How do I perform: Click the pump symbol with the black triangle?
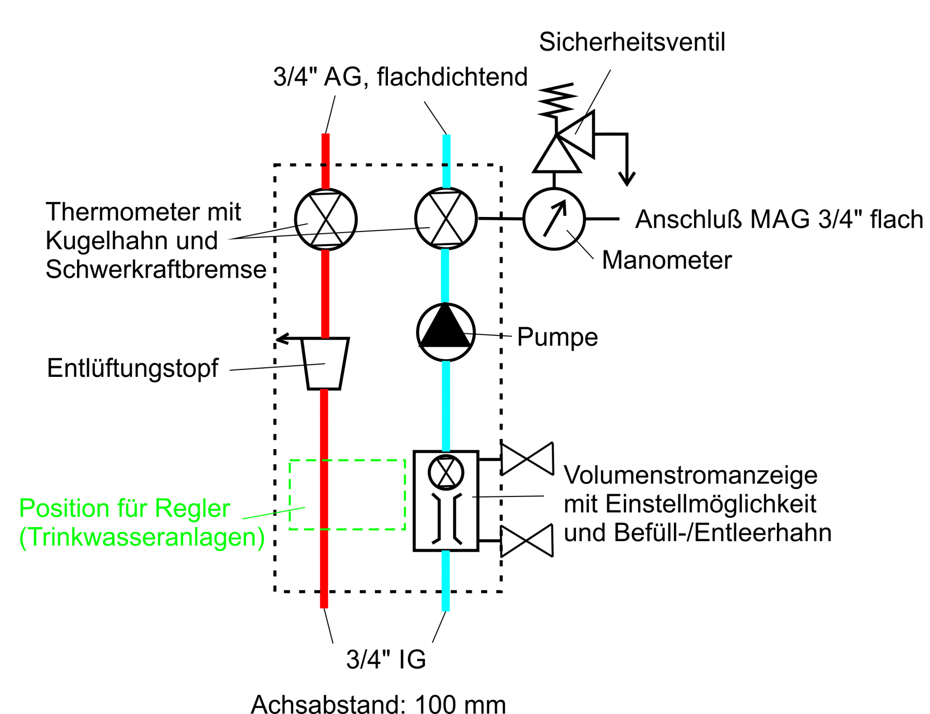[x=446, y=332]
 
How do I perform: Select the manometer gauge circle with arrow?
[x=554, y=219]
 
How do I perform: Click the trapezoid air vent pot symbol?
[x=325, y=363]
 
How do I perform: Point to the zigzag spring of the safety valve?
[x=557, y=100]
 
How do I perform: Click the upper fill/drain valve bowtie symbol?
[x=527, y=458]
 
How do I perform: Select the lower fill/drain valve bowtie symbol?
[x=527, y=541]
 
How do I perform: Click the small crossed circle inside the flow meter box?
[x=446, y=472]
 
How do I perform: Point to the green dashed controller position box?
[x=290, y=494]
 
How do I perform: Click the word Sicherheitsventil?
[x=632, y=42]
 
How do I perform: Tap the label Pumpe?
[x=558, y=337]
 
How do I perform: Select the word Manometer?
[x=666, y=260]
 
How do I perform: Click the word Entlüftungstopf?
[x=133, y=369]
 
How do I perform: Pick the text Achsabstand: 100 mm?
[x=378, y=704]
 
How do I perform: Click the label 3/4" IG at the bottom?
[x=386, y=659]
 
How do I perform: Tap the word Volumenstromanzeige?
[x=691, y=476]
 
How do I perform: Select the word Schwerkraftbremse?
[x=156, y=269]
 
